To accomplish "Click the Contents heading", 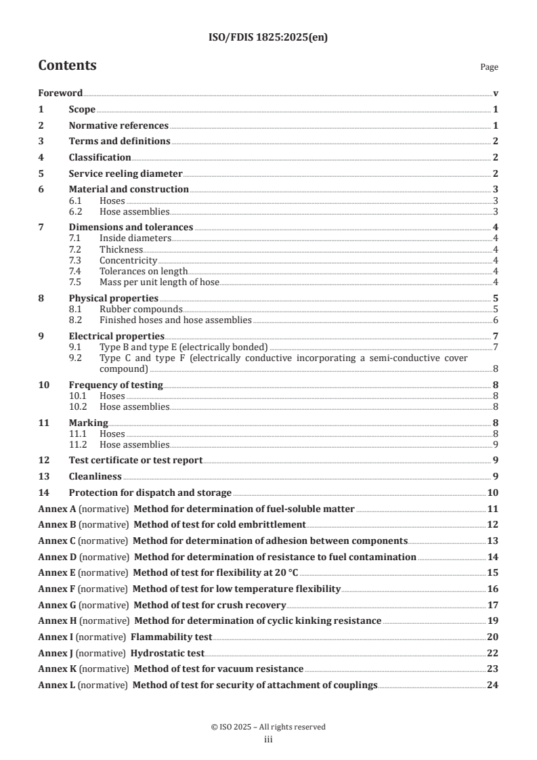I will (67, 66).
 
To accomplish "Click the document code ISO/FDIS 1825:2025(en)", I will (268, 38).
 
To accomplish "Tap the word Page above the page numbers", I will (489, 67).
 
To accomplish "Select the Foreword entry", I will (60, 93).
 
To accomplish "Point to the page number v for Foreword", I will (496, 93).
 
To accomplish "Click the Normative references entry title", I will (119, 125).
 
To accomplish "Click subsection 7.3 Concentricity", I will (128, 260).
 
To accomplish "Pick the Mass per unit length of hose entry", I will (159, 282).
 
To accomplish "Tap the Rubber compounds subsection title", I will (141, 309).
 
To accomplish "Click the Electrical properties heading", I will (116, 336).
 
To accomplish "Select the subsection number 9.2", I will (75, 358).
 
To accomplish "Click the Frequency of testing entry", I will (116, 385).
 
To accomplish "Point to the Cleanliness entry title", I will (95, 476).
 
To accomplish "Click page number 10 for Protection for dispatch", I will (493, 492).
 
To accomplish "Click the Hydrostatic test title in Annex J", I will (167, 653).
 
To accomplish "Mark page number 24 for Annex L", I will (493, 685).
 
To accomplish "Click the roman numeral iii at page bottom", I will (268, 740).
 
